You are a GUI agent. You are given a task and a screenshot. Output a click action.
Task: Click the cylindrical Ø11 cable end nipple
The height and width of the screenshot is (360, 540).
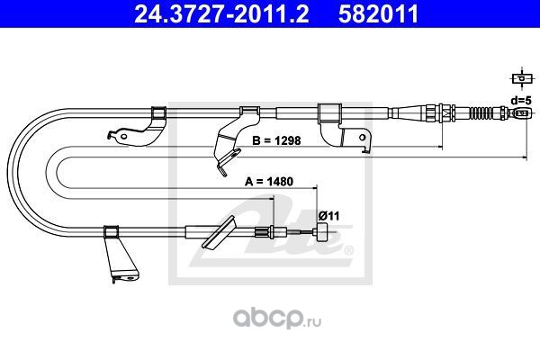coord(319,235)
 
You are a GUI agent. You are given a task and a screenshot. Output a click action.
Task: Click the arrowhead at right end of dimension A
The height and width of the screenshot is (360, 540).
coord(316,187)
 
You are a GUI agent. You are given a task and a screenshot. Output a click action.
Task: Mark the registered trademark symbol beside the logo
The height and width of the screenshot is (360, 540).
coord(348,249)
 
